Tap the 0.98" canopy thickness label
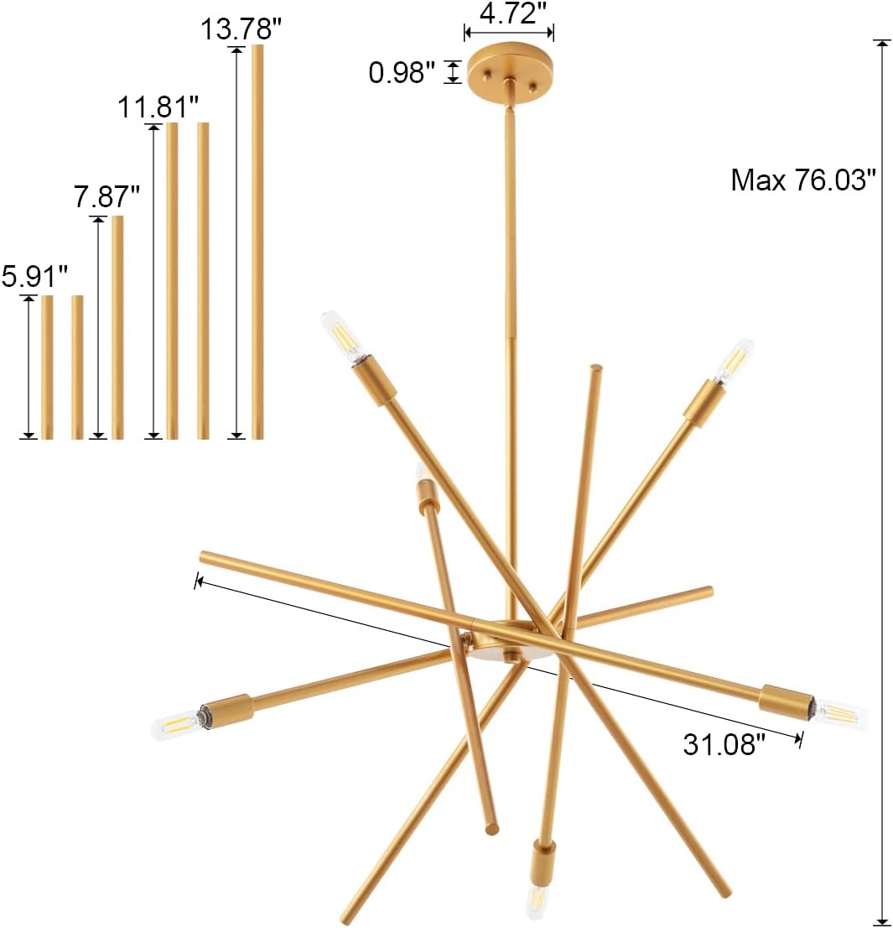tap(402, 72)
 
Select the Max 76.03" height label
tap(802, 180)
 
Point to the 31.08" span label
tap(724, 744)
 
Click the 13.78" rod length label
tap(241, 29)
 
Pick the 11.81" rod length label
tap(158, 107)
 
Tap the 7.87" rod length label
tap(106, 196)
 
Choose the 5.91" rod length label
tap(34, 276)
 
